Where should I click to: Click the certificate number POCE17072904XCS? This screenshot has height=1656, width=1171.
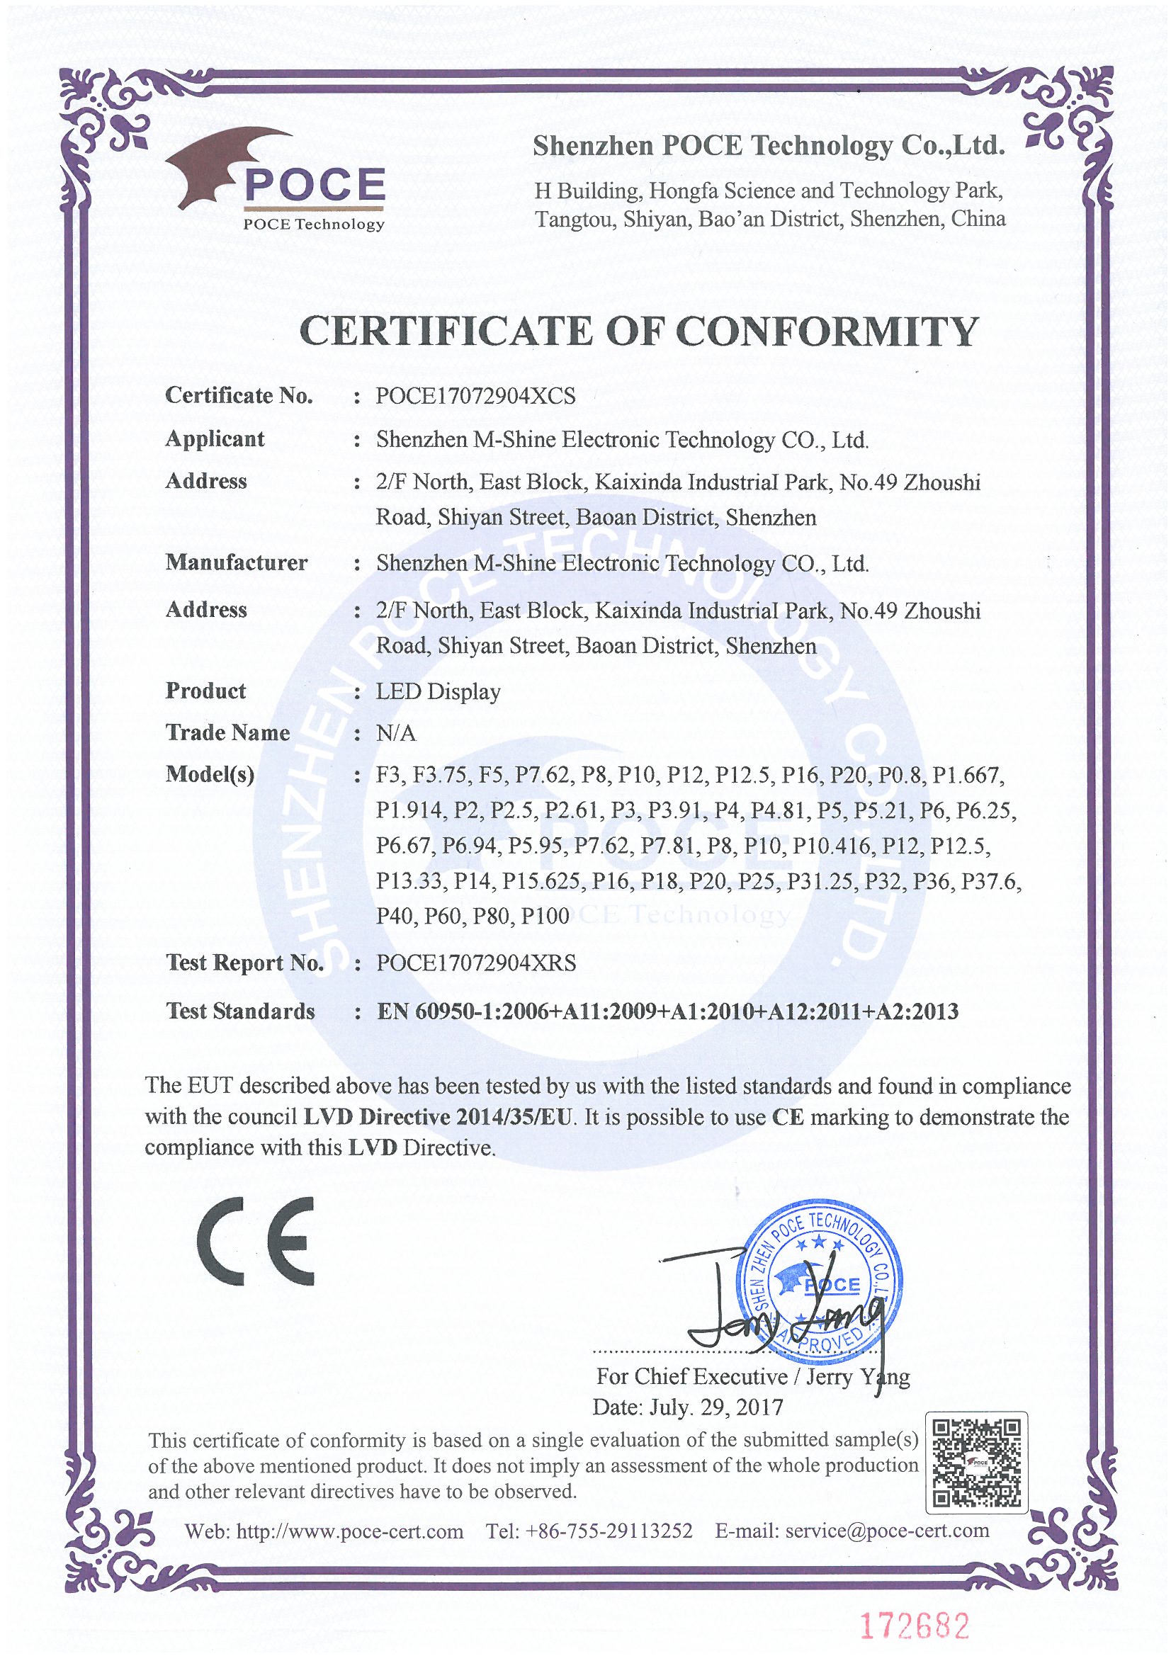point(475,396)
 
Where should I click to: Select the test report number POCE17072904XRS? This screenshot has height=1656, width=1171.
point(476,963)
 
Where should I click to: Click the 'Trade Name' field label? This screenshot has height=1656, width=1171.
point(227,733)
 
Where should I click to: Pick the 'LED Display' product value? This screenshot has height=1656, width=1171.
point(438,692)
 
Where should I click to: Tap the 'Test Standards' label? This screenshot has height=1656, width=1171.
point(240,1011)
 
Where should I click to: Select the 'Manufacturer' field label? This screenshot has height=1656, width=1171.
point(236,562)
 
